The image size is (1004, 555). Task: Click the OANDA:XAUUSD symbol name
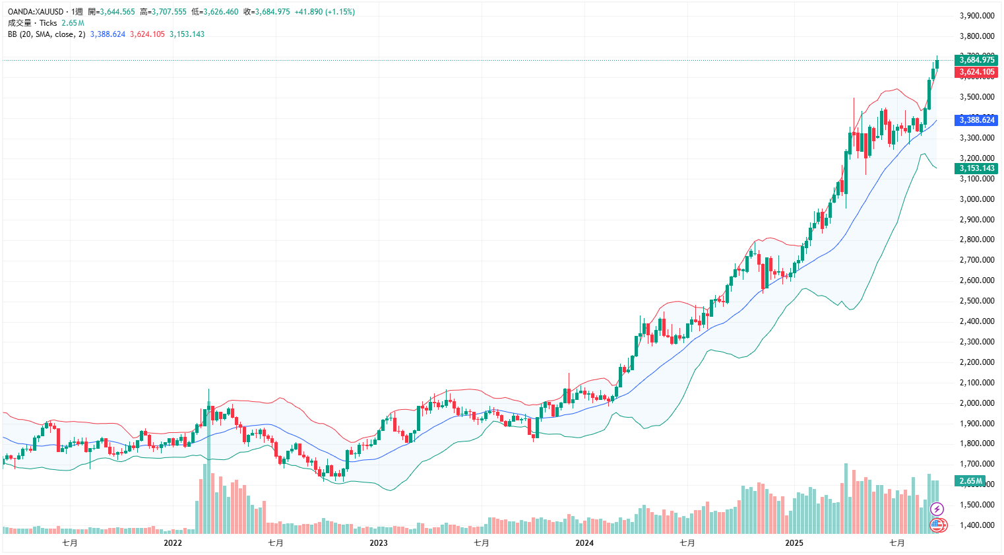[36, 12]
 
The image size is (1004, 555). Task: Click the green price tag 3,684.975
[976, 60]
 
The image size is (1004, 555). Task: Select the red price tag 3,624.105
[976, 72]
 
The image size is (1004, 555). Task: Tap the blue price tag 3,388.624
[976, 120]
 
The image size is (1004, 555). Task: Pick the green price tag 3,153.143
[976, 168]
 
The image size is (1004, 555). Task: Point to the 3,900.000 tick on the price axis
[976, 16]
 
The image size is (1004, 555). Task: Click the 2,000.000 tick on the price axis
[976, 403]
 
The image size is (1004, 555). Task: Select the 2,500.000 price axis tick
[976, 301]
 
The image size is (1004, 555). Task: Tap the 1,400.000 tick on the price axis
[976, 525]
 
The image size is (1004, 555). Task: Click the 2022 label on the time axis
[173, 543]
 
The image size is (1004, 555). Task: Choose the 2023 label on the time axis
[379, 543]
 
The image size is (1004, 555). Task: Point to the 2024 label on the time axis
[584, 543]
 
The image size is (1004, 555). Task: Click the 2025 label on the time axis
[794, 543]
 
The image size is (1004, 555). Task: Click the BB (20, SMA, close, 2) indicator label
[46, 34]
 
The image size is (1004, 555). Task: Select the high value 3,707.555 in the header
[169, 12]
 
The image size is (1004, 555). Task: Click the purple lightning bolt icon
[937, 509]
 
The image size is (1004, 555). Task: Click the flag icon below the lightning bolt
[937, 525]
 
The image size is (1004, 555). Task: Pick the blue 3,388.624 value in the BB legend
[108, 34]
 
